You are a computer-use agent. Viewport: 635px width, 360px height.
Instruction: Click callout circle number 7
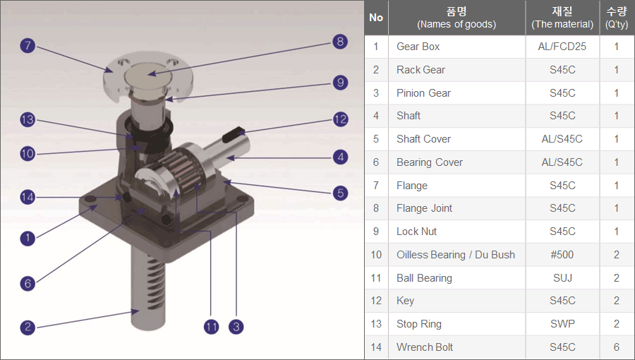(28, 46)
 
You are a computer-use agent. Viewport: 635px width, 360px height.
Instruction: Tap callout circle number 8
(340, 42)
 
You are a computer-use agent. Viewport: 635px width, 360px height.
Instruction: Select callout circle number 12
(340, 119)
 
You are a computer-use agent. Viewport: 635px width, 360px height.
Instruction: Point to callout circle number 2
(28, 327)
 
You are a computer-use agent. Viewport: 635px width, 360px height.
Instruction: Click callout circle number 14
(28, 197)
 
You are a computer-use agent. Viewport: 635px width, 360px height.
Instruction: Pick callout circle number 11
(211, 326)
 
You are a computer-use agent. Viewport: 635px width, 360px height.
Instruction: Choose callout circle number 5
(340, 192)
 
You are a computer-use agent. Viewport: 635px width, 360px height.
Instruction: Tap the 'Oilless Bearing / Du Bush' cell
(456, 255)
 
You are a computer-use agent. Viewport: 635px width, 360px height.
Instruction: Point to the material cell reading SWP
(562, 324)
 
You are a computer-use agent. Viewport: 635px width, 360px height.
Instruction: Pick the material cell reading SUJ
(562, 278)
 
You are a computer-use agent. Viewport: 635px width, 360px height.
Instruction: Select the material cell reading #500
(562, 255)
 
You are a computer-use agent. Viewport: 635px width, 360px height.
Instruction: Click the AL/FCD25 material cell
(562, 47)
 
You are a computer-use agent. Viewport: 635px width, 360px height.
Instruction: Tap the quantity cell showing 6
(616, 347)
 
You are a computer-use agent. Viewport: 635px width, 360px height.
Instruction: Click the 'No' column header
(376, 18)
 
